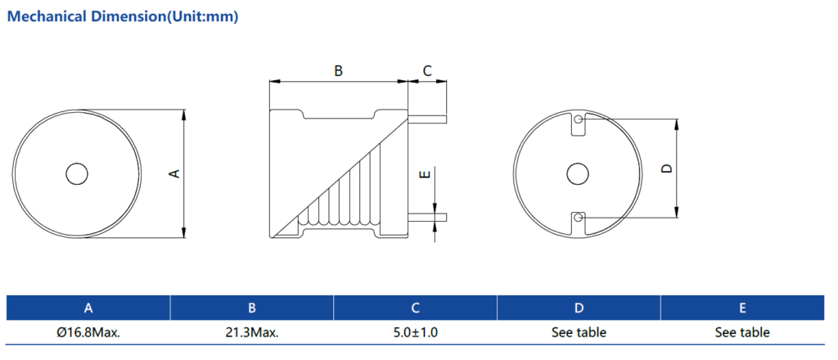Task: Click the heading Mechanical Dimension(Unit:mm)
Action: point(123,17)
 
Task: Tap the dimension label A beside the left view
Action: point(173,173)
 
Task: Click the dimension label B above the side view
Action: point(338,71)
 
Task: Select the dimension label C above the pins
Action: point(426,71)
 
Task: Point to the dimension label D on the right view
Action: point(666,169)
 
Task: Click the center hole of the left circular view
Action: point(77,173)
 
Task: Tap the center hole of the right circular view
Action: point(578,173)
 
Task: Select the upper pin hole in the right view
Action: point(579,120)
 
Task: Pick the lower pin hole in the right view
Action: point(579,217)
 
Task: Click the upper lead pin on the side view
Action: point(427,119)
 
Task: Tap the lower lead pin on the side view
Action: point(427,217)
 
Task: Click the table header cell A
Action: point(88,308)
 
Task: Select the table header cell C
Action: point(416,308)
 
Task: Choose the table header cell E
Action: point(742,308)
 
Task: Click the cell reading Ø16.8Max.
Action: point(88,333)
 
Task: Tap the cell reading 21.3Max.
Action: point(252,333)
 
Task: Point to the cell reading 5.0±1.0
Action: point(416,333)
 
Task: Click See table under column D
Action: point(579,333)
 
